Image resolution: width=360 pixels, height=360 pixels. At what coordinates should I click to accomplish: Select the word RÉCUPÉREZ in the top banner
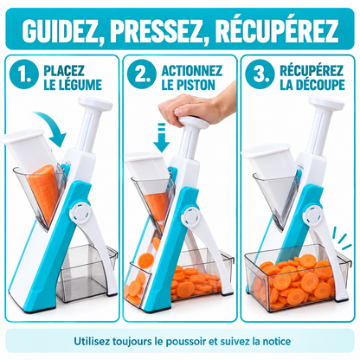(x=277, y=29)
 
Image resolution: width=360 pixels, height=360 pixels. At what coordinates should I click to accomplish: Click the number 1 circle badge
(x=23, y=74)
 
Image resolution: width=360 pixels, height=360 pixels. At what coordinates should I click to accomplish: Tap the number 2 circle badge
(x=142, y=74)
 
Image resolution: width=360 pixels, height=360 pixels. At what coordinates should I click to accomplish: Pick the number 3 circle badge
(x=260, y=74)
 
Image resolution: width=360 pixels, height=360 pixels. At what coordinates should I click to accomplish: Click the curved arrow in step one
(x=53, y=125)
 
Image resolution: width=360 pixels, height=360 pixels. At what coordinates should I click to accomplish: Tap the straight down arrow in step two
(x=162, y=138)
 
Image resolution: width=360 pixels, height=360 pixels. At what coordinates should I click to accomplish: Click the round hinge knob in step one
(x=81, y=214)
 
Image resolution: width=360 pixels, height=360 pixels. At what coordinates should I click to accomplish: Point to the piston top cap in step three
(x=326, y=103)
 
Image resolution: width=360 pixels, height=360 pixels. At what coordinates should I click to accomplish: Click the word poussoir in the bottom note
(x=187, y=342)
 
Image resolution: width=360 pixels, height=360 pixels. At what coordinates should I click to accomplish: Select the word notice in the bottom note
(x=276, y=341)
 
